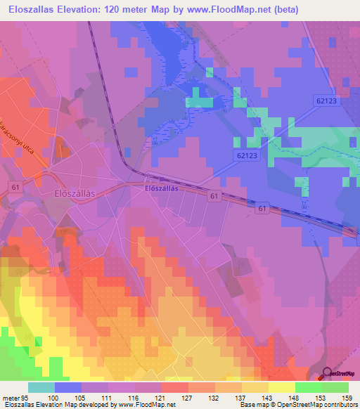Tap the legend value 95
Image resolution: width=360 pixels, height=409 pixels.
tap(27, 398)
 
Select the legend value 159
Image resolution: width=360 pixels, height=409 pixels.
tap(347, 398)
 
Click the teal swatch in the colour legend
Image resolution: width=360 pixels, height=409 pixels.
tap(41, 387)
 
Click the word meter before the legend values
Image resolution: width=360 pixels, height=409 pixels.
tap(10, 398)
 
